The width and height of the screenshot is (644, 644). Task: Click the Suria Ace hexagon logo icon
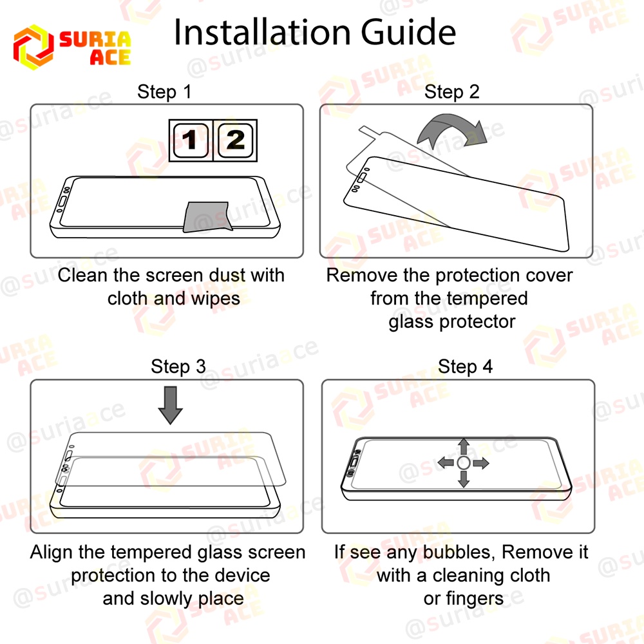pyautogui.click(x=33, y=47)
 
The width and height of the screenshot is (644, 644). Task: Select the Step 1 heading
pyautogui.click(x=164, y=91)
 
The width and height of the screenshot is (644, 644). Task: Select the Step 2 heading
pyautogui.click(x=452, y=91)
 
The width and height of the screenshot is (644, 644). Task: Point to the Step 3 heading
pyautogui.click(x=178, y=366)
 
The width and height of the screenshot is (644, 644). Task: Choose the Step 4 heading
pyautogui.click(x=466, y=366)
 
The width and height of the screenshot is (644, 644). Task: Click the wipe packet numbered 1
pyautogui.click(x=191, y=140)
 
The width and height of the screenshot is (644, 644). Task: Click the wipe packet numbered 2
pyautogui.click(x=235, y=140)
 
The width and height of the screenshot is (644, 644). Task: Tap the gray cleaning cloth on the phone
pyautogui.click(x=206, y=216)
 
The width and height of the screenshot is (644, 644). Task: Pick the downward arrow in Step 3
pyautogui.click(x=171, y=404)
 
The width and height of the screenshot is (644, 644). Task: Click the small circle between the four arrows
pyautogui.click(x=464, y=463)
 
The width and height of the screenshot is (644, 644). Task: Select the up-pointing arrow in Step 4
pyautogui.click(x=464, y=447)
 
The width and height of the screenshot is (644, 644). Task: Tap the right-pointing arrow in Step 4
pyautogui.click(x=480, y=463)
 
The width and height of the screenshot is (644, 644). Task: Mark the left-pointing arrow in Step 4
pyautogui.click(x=446, y=463)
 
